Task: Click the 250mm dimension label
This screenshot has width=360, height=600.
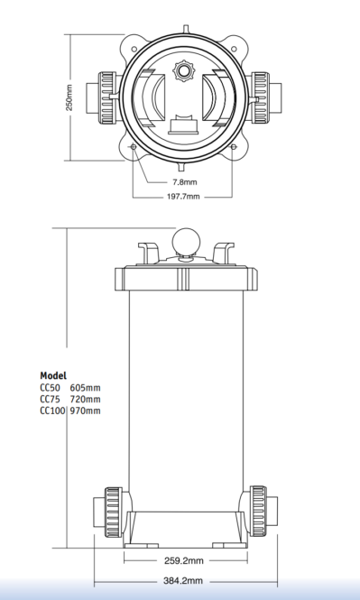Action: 69,97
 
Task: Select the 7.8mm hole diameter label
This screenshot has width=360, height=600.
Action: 185,182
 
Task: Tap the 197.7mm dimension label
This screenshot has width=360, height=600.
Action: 183,197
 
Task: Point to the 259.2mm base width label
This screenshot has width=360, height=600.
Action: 184,561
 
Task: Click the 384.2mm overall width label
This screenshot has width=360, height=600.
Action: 183,581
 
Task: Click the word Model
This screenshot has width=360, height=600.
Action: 53,375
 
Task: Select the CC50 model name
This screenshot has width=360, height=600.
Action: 51,388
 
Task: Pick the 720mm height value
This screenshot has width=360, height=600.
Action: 86,399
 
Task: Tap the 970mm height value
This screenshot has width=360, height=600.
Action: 86,411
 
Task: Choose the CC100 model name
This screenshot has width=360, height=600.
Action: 53,411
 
